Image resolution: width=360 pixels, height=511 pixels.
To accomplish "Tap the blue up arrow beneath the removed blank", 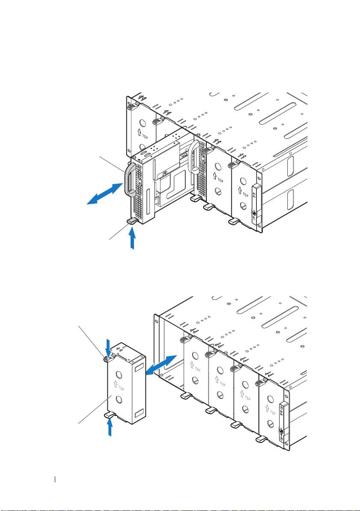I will pyautogui.click(x=110, y=427).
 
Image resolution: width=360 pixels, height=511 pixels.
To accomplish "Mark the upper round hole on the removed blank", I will pyautogui.click(x=119, y=374).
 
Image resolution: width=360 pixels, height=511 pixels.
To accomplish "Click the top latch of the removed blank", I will pyautogui.click(x=107, y=359).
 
